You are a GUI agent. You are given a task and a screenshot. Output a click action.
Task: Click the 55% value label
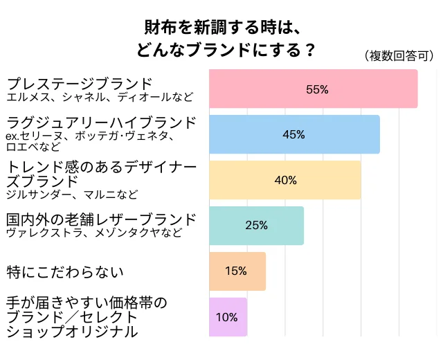[x=317, y=89]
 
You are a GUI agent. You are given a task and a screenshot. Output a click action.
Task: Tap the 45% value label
[x=294, y=134]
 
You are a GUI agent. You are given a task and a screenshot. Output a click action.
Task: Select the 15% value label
[x=236, y=271]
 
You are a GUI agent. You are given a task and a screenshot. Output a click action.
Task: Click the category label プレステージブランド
[x=78, y=84]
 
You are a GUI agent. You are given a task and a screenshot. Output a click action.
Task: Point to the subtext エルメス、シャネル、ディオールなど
[x=100, y=97]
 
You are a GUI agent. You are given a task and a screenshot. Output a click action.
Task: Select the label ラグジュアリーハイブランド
[x=101, y=123]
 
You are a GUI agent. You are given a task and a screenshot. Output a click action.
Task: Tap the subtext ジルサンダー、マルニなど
[x=72, y=194]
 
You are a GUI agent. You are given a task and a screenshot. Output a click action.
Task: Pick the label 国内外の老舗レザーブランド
[x=101, y=219]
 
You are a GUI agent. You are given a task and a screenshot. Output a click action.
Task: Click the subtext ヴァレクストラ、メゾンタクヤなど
[x=94, y=233]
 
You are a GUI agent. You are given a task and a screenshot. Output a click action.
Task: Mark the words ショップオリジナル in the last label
[x=72, y=332]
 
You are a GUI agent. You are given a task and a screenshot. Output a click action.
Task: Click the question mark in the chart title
[x=309, y=51]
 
